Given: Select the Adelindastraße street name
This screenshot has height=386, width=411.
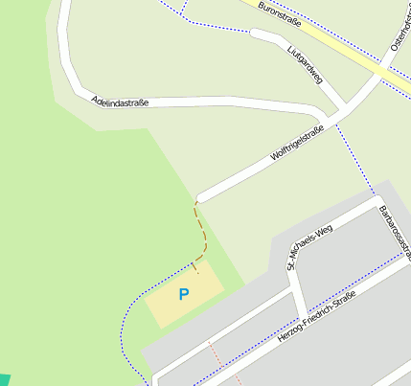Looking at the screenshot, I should (120, 101).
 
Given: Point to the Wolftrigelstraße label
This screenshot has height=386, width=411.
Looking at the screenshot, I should (299, 142).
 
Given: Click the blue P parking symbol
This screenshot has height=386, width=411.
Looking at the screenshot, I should (184, 294).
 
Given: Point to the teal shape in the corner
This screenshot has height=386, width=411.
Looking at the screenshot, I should (3, 380).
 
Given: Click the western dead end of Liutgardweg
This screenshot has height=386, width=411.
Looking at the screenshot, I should (254, 33).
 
